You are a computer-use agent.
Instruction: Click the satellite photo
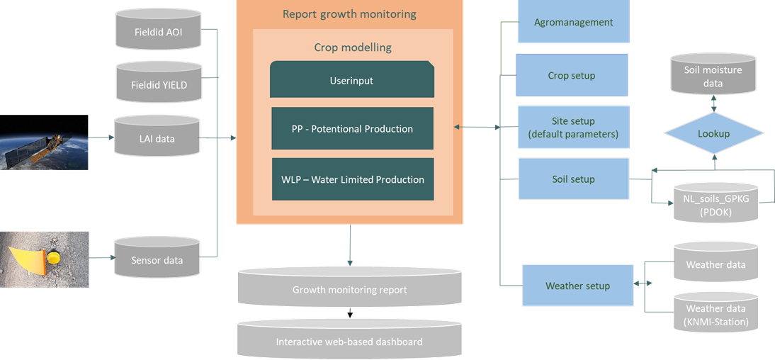point(44,142)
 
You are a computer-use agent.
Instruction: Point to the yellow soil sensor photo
point(45,259)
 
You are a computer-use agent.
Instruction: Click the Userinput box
point(352,79)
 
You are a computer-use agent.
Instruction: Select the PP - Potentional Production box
point(352,128)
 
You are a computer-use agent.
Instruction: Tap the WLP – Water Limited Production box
point(352,179)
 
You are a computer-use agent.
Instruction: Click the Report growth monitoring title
point(349,14)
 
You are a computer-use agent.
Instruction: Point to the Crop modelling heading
point(353,47)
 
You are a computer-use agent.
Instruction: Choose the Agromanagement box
point(573,22)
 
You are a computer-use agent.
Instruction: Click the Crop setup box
point(572,75)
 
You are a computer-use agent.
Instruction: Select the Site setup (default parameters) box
point(573,127)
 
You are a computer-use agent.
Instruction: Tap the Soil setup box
point(573,179)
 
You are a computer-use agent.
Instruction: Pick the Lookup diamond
point(713,133)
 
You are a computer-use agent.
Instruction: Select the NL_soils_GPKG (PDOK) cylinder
point(715,203)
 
